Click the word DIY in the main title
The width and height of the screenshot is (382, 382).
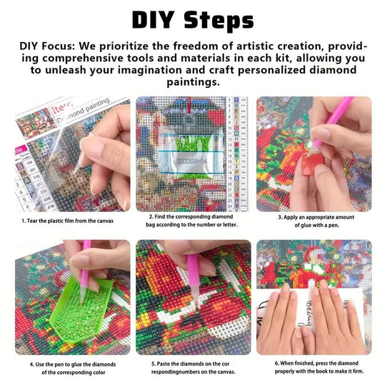point(154,19)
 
